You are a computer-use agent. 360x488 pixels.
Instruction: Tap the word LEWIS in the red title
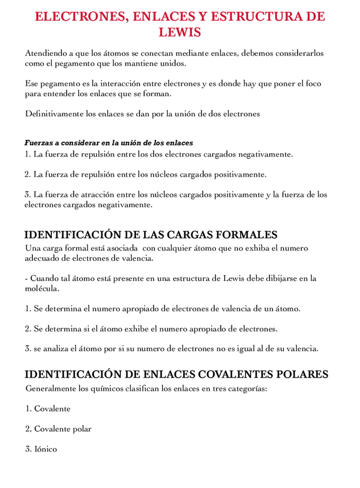pyautogui.click(x=180, y=32)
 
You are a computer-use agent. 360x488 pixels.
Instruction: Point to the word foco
pyautogui.click(x=313, y=84)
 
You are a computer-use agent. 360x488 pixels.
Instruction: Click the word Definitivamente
pyautogui.click(x=54, y=114)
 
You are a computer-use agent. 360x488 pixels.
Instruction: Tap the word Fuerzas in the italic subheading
pyautogui.click(x=39, y=143)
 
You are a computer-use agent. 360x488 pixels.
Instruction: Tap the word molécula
pyautogui.click(x=41, y=288)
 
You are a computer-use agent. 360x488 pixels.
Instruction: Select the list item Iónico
pyautogui.click(x=45, y=449)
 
